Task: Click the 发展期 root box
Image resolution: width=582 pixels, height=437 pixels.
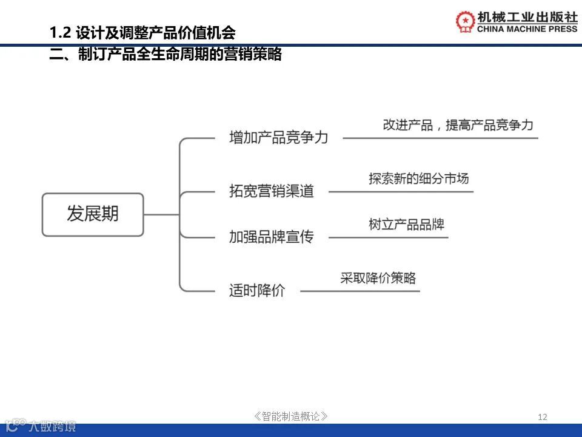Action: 93,214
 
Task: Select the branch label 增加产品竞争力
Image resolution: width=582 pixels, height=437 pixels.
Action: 278,138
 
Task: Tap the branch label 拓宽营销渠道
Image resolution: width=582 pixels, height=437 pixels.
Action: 271,191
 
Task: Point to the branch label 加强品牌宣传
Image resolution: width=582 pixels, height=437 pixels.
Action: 271,237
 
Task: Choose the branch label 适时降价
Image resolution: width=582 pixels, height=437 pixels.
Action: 256,291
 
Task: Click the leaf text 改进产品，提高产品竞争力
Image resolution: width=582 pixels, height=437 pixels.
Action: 458,125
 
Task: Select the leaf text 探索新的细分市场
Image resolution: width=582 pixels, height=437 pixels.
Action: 418,178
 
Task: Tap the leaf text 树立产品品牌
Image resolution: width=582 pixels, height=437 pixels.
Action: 406,224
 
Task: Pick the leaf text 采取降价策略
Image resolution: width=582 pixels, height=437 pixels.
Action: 378,278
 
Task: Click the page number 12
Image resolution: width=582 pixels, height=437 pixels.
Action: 543,416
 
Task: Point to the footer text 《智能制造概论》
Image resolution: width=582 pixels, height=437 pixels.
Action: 291,416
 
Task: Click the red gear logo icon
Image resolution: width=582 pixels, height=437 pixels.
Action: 466,21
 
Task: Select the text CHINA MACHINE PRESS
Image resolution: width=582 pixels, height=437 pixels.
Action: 527,29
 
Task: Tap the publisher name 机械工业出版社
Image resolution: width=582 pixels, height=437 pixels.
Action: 527,16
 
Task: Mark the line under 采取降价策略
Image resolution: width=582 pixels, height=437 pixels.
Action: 360,291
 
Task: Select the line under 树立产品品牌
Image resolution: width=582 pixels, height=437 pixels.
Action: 388,237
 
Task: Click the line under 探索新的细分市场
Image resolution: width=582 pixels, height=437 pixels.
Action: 400,192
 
